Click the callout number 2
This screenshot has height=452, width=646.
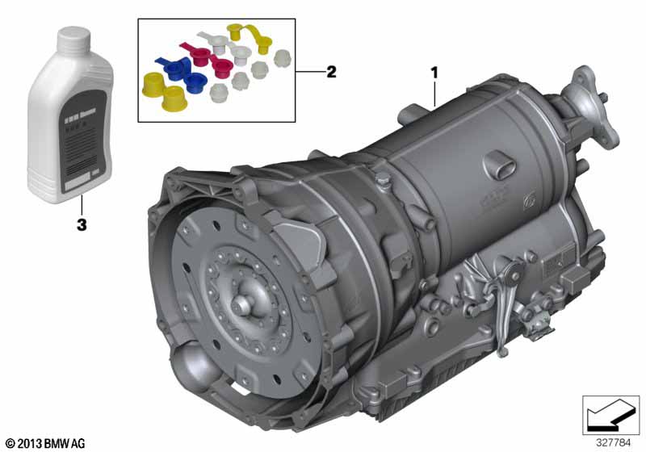[330, 72]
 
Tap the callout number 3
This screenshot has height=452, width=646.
[81, 225]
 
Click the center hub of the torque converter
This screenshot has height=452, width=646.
[243, 308]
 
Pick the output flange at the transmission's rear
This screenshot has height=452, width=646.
[588, 94]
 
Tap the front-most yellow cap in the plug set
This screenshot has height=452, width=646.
[172, 99]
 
